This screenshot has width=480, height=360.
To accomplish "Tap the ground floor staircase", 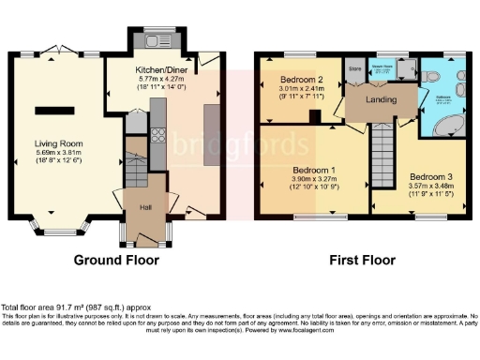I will pyautogui.click(x=135, y=159).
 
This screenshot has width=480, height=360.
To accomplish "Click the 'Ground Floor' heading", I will pyautogui.click(x=116, y=260).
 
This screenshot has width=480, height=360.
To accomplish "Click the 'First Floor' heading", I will pyautogui.click(x=360, y=260).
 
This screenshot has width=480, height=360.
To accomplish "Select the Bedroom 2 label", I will pyautogui.click(x=301, y=81).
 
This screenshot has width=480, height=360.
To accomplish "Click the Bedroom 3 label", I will pyautogui.click(x=430, y=176).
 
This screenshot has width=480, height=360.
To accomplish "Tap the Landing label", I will pyautogui.click(x=381, y=99).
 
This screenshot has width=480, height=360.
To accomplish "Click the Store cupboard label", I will pyautogui.click(x=354, y=69).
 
